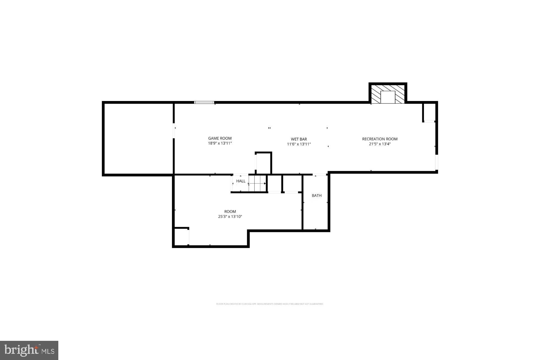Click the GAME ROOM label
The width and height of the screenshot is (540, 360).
pyautogui.click(x=220, y=138)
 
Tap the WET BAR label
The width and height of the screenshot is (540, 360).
pyautogui.click(x=299, y=139)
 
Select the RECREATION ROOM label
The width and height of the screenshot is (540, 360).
pyautogui.click(x=380, y=139)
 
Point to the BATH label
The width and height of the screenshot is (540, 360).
pyautogui.click(x=316, y=196)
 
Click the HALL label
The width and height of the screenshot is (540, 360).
pyautogui.click(x=241, y=181)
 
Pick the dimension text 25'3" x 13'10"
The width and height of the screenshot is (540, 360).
pyautogui.click(x=230, y=217)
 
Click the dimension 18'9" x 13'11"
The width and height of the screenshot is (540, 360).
pyautogui.click(x=220, y=143)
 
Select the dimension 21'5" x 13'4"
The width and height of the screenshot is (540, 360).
pyautogui.click(x=380, y=144)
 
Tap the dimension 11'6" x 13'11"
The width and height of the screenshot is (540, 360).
pyautogui.click(x=299, y=144)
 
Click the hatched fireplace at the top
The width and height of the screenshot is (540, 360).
pyautogui.click(x=388, y=94)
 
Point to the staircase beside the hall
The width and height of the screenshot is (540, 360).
pyautogui.click(x=257, y=183)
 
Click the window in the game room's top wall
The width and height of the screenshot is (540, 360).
pyautogui.click(x=204, y=102)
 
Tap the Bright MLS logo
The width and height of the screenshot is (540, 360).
pyautogui.click(x=29, y=350)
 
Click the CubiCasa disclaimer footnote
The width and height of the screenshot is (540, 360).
pyautogui.click(x=270, y=304)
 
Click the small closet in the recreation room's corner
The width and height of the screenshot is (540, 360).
pyautogui.click(x=429, y=112)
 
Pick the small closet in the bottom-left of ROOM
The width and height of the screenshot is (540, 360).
pyautogui.click(x=181, y=237)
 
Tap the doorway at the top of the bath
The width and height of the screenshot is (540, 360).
pyautogui.click(x=319, y=175)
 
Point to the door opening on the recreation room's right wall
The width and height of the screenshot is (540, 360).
pyautogui.click(x=436, y=162)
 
